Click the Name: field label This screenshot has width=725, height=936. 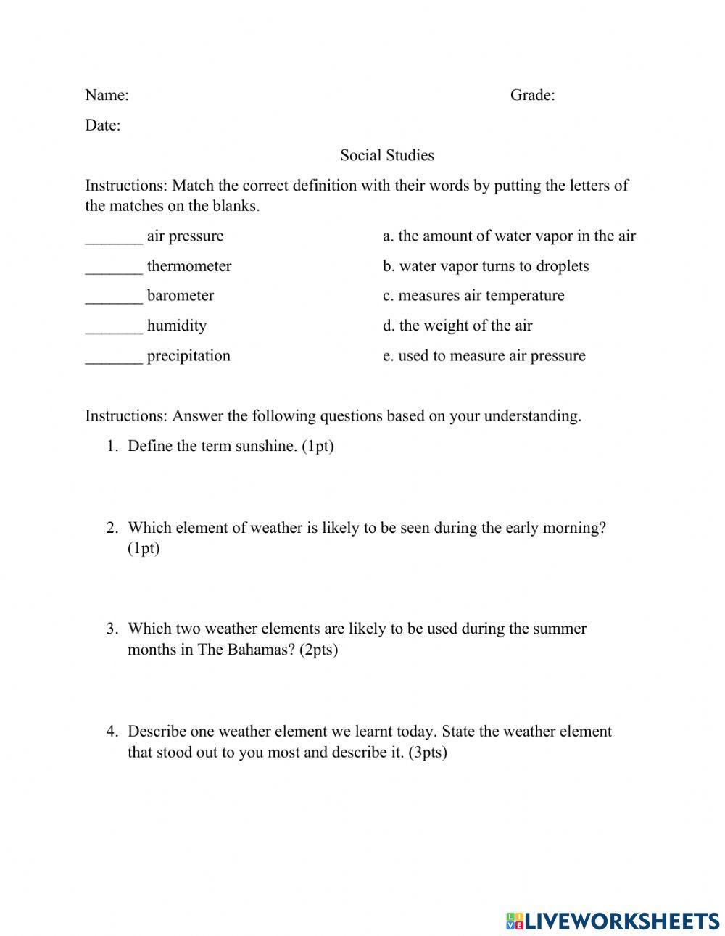tap(107, 95)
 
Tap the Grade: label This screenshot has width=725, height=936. tap(532, 95)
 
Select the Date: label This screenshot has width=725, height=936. tap(103, 125)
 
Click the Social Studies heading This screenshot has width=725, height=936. tap(387, 155)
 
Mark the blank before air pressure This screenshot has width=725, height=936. tap(114, 238)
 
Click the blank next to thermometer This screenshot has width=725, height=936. tap(114, 268)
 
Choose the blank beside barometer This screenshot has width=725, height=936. tap(114, 297)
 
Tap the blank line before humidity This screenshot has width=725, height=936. tap(114, 327)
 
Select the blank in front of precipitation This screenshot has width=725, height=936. tap(114, 357)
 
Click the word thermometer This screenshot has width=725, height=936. tap(189, 266)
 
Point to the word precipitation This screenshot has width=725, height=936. tap(188, 356)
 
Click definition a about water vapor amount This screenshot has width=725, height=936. tap(509, 236)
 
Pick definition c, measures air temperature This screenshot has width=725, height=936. tap(473, 296)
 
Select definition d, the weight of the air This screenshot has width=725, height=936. tap(457, 326)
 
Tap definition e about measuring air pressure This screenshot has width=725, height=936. tap(484, 356)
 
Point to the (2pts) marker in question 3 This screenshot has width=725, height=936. tap(318, 649)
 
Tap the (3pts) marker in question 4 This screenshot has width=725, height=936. tap(428, 752)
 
